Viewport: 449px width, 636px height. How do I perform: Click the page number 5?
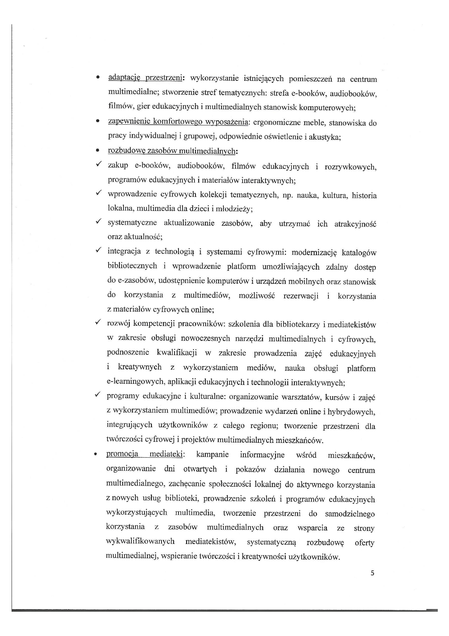pyautogui.click(x=373, y=573)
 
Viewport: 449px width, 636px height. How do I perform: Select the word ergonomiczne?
pyautogui.click(x=276, y=122)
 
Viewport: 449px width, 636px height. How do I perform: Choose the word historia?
pyautogui.click(x=364, y=195)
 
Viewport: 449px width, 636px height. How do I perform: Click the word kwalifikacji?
pyautogui.click(x=177, y=353)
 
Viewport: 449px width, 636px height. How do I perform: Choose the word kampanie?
pyautogui.click(x=213, y=454)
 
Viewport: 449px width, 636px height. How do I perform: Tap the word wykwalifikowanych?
pyautogui.click(x=140, y=541)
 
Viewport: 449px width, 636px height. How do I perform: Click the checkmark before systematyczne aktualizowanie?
pyautogui.click(x=98, y=221)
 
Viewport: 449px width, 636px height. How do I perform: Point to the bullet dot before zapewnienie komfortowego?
pyautogui.click(x=97, y=122)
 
